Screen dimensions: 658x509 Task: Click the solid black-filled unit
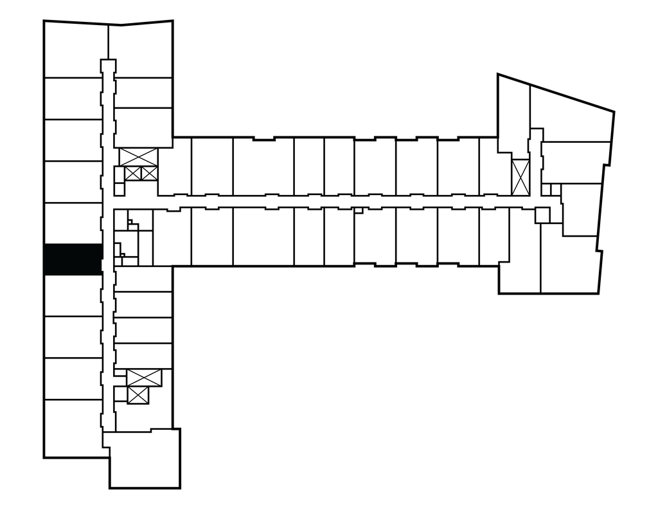[73, 259]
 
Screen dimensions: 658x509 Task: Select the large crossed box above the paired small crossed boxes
[138, 156]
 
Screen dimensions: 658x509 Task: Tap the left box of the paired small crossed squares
[133, 173]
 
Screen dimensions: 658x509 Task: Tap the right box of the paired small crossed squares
[148, 173]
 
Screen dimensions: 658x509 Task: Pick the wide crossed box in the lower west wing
[144, 378]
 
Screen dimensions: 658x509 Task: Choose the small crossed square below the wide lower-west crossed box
[138, 395]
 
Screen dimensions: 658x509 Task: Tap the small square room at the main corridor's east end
[542, 215]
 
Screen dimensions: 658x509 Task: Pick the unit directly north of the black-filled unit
[73, 223]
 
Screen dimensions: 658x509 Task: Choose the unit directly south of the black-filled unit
[73, 295]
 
